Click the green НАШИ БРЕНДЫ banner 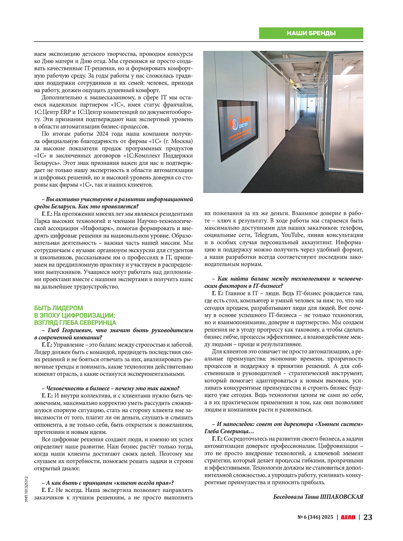click(x=311, y=33)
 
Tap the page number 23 click(x=368, y=517)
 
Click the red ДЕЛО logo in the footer click(x=348, y=517)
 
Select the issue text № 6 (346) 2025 click(x=315, y=517)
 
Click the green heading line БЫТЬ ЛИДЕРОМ click(x=58, y=308)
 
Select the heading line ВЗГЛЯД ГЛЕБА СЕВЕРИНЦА click(x=75, y=323)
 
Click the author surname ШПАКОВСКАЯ click(x=342, y=497)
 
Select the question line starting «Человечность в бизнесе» click(x=110, y=388)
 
